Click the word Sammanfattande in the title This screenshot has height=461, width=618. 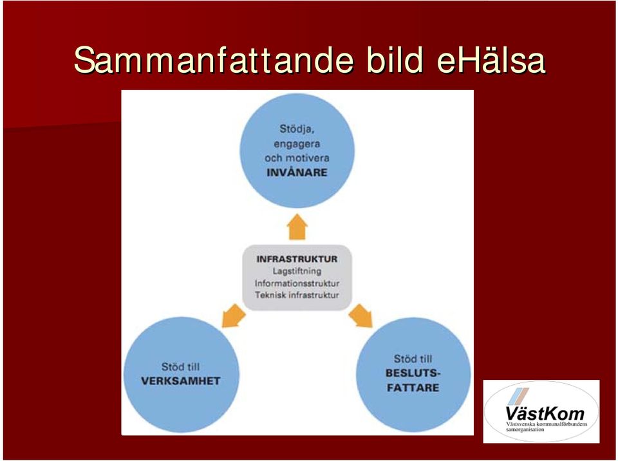pyautogui.click(x=214, y=60)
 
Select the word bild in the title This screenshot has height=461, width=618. pyautogui.click(x=395, y=60)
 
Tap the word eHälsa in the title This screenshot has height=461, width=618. pyautogui.click(x=491, y=60)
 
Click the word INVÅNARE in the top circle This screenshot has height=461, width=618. pyautogui.click(x=297, y=173)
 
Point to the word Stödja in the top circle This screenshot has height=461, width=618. pyautogui.click(x=297, y=129)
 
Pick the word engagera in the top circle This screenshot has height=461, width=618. pyautogui.click(x=297, y=144)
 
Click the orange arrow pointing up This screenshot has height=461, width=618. pyautogui.click(x=297, y=227)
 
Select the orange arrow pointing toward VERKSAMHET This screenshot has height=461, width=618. pyautogui.click(x=233, y=315)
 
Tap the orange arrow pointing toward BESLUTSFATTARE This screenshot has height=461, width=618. pyautogui.click(x=360, y=315)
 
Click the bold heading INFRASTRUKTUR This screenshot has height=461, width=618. pyautogui.click(x=297, y=259)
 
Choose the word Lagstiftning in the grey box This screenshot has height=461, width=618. pyautogui.click(x=297, y=271)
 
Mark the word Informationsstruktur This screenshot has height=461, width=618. pyautogui.click(x=297, y=283)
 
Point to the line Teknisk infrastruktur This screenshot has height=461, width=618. pyautogui.click(x=297, y=295)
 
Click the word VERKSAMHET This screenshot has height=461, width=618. pyautogui.click(x=180, y=381)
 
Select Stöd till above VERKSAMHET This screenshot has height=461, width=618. pyautogui.click(x=180, y=367)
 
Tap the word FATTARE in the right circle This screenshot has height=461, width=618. pyautogui.click(x=413, y=388)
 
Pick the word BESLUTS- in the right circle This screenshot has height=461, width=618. pyautogui.click(x=413, y=373)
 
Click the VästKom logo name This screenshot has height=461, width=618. pyautogui.click(x=545, y=413)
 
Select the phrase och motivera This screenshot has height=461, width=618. pyautogui.click(x=297, y=158)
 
